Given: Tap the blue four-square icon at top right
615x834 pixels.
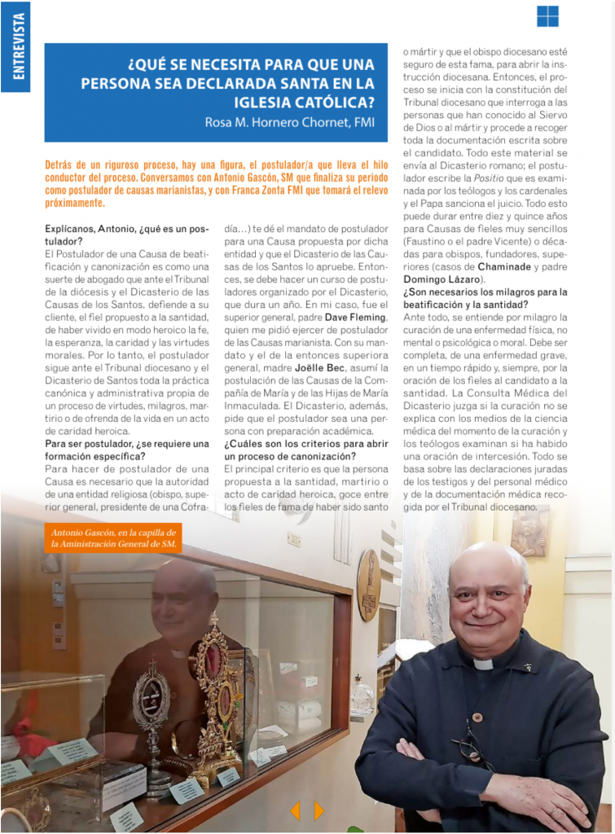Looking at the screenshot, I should [547, 16].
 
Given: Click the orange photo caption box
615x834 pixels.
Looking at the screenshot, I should [113, 538].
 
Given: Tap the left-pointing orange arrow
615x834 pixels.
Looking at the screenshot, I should [295, 810].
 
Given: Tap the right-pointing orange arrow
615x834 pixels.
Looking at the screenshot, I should [318, 810].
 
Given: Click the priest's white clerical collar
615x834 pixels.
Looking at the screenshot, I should [483, 665].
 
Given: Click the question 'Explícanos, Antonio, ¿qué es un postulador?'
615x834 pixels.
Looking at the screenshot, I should [126, 235].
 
